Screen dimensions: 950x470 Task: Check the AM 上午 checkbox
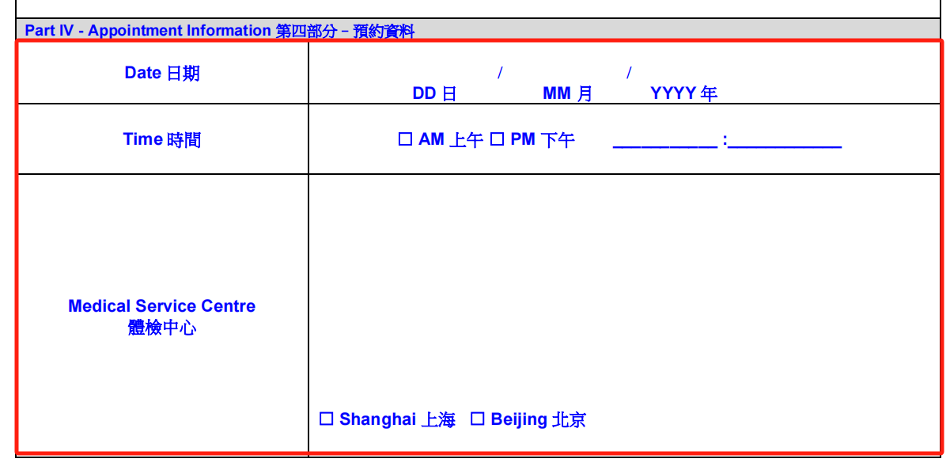[x=405, y=139]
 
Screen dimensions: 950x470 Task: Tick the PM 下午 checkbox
[x=497, y=139]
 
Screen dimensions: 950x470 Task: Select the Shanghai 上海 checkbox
[x=326, y=419]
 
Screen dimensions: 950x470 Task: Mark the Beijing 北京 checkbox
[x=477, y=419]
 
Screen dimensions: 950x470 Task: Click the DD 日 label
[x=434, y=93]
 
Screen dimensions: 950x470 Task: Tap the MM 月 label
[x=567, y=93]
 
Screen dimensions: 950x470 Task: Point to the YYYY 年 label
[x=683, y=93]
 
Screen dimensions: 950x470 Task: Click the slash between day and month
[x=500, y=73]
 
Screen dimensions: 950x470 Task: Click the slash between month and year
[x=629, y=73]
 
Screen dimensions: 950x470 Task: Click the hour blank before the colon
[x=665, y=146]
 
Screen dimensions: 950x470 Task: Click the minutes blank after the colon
[x=785, y=146]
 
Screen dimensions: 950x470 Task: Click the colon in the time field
[x=725, y=140]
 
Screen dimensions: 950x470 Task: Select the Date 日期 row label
[x=162, y=73]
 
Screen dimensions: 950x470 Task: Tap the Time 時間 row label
[x=161, y=139]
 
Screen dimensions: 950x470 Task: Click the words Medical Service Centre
[x=161, y=306]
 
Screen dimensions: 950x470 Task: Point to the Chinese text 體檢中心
[x=161, y=328]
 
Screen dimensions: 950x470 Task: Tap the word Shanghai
[x=377, y=419]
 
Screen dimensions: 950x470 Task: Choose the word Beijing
[x=519, y=419]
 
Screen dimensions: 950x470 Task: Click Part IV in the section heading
[x=49, y=31]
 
